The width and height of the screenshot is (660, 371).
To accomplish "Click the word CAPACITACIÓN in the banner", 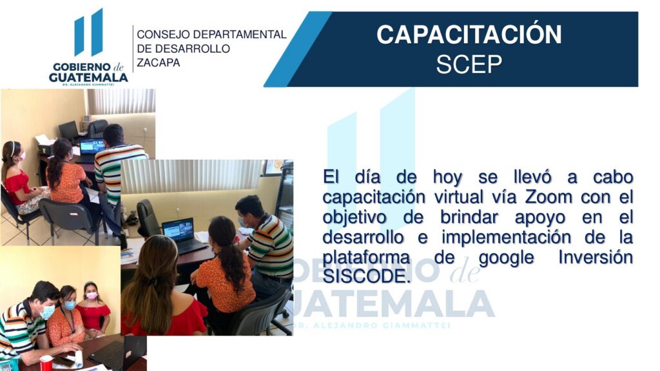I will (469, 35).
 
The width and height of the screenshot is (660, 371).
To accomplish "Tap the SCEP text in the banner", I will (469, 64).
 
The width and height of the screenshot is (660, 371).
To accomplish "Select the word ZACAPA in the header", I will (159, 63).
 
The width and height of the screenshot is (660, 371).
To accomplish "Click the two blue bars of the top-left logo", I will (88, 32).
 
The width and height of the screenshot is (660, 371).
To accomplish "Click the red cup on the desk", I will (46, 363).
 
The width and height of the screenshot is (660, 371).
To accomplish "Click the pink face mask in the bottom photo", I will (92, 296).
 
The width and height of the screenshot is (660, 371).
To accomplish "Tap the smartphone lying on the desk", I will (64, 361).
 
